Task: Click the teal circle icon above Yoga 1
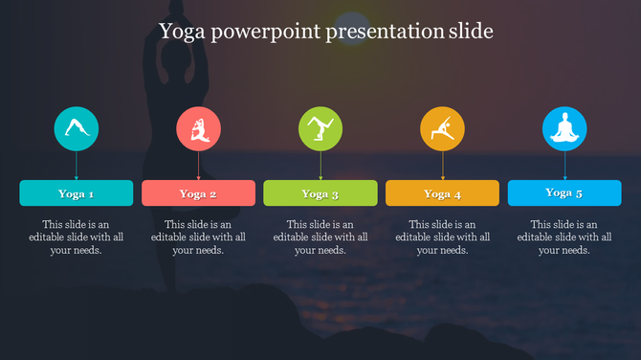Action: tap(77, 128)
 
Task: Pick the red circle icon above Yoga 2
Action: tap(199, 128)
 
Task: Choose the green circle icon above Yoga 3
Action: tap(320, 128)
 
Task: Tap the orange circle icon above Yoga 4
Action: tap(443, 128)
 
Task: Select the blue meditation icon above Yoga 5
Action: tap(564, 128)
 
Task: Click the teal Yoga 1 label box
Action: tap(77, 193)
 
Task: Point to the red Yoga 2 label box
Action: tap(199, 193)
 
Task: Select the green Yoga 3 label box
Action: tap(320, 193)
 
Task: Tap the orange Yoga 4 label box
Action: tap(443, 193)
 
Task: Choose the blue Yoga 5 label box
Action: tap(564, 192)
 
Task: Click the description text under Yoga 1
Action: tap(77, 237)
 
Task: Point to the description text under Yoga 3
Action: tap(320, 237)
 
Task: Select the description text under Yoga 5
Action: tap(564, 237)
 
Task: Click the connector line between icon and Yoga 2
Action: tap(199, 165)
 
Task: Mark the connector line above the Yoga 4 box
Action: tap(443, 165)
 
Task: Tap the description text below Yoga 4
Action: tap(443, 237)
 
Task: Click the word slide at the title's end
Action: tap(470, 32)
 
